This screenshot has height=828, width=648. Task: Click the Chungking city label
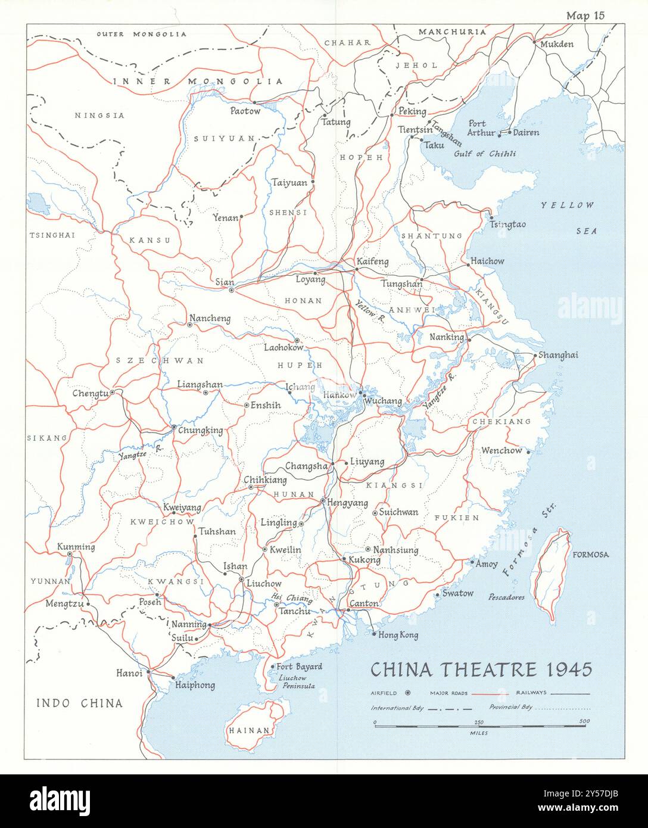click(200, 431)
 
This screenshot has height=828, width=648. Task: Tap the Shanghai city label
click(558, 355)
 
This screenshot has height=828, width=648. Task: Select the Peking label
click(412, 111)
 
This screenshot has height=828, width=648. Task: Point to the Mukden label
click(557, 44)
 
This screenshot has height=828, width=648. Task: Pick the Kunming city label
click(76, 547)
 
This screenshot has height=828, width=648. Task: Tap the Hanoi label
click(129, 673)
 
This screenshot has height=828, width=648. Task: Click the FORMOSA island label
click(590, 555)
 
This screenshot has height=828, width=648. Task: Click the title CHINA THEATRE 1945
click(481, 670)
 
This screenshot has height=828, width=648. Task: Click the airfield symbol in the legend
click(408, 693)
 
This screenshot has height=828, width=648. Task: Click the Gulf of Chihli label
click(485, 154)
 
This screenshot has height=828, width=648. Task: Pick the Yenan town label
click(225, 218)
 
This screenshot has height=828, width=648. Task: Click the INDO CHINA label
click(79, 704)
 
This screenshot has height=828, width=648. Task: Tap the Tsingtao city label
click(507, 224)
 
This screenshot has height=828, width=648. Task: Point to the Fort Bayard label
click(300, 667)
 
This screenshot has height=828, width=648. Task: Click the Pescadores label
click(506, 596)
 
